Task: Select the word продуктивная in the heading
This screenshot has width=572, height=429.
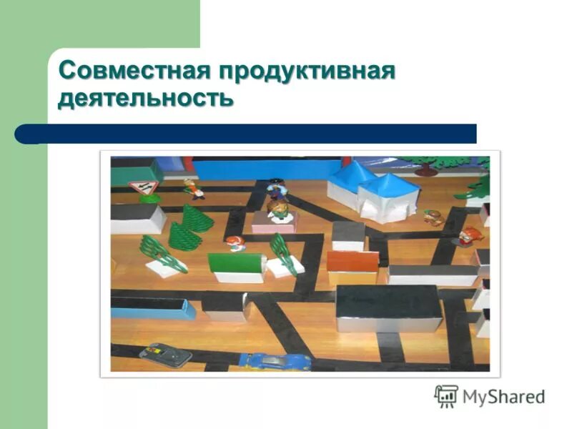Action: tap(307, 72)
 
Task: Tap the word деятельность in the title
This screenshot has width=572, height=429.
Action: tap(146, 97)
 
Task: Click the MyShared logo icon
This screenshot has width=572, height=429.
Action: tap(446, 395)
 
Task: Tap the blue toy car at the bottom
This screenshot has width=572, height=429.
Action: tap(275, 360)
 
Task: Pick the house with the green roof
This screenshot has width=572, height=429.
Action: tap(237, 267)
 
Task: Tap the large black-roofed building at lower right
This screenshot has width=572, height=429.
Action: tap(388, 308)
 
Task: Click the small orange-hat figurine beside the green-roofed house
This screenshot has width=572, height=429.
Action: tap(235, 244)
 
